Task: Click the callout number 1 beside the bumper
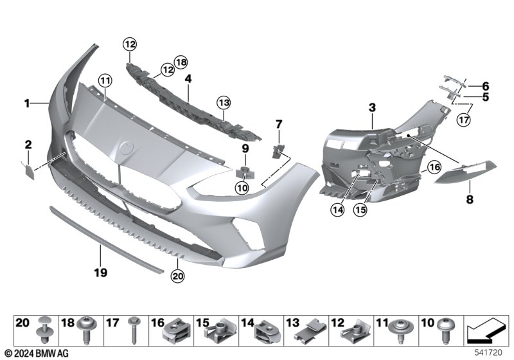tap(27, 103)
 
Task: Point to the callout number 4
tap(188, 79)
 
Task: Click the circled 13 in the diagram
tap(223, 102)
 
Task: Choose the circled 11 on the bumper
tap(104, 80)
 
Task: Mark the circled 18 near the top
tap(181, 62)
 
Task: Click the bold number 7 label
tap(279, 123)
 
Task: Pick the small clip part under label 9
tap(245, 172)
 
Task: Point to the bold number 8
tap(470, 200)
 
